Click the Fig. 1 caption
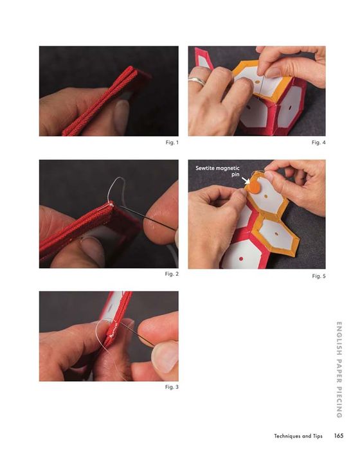(172, 142)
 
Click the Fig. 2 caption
(172, 274)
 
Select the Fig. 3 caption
(172, 387)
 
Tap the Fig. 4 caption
(319, 142)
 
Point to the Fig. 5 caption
(319, 276)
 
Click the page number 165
(339, 436)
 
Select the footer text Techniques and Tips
(298, 436)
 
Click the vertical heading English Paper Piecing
(339, 370)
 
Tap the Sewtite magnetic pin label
(217, 171)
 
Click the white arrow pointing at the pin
(245, 181)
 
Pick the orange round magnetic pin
(253, 186)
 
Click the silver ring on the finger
(197, 80)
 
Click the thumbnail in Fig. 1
(122, 113)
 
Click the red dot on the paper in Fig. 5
(241, 259)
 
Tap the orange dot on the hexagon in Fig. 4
(257, 82)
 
